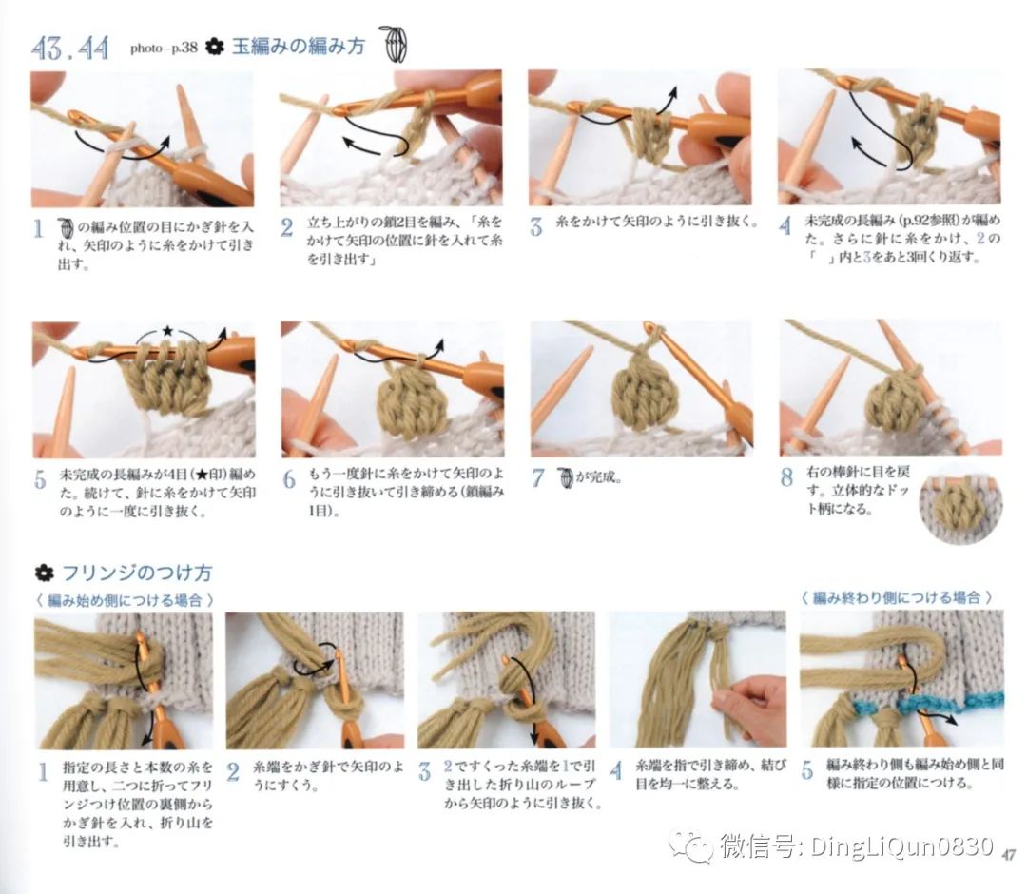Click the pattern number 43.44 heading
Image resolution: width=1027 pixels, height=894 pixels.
tap(70, 47)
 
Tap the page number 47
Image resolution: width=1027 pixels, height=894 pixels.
tap(1010, 853)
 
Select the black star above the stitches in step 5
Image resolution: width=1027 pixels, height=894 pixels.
tap(167, 330)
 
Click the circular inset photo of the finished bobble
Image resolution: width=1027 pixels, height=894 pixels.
tap(960, 505)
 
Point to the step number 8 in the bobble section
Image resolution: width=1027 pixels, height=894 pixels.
tap(786, 477)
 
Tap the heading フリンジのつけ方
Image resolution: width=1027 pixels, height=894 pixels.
tap(136, 573)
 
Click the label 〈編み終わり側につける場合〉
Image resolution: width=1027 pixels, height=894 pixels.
tap(897, 597)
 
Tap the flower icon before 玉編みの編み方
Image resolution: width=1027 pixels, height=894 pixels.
tap(215, 47)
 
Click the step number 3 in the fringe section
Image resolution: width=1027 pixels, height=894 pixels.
tap(424, 772)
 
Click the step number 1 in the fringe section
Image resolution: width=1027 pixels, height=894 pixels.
tap(42, 772)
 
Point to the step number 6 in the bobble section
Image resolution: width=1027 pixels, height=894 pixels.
tap(289, 479)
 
